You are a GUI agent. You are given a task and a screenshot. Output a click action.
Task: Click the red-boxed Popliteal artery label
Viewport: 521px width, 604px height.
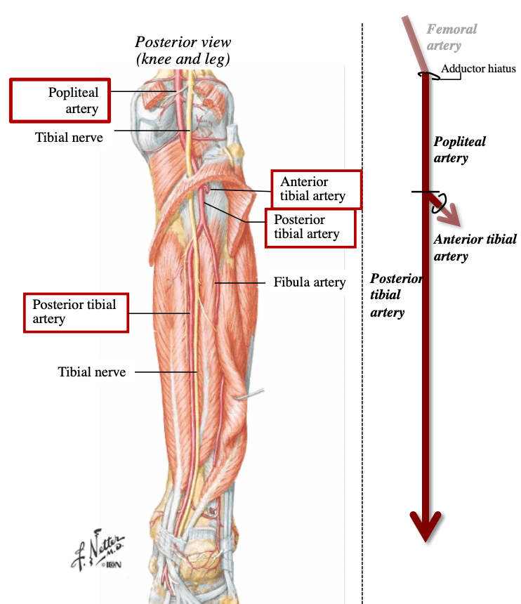pyautogui.click(x=73, y=100)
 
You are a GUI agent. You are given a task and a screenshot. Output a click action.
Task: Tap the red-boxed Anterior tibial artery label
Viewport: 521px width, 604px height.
pyautogui.click(x=312, y=189)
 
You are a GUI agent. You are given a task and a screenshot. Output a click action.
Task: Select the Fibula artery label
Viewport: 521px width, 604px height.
pyautogui.click(x=310, y=282)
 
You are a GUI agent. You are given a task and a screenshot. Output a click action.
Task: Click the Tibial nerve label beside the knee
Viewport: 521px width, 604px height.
pyautogui.click(x=69, y=138)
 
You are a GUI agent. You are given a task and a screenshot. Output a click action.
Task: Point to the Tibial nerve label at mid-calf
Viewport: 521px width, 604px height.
pyautogui.click(x=92, y=372)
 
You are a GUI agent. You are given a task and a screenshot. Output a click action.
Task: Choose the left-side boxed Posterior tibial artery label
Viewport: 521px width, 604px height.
pyautogui.click(x=74, y=312)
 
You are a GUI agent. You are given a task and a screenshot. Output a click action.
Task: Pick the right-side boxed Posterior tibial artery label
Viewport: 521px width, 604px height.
pyautogui.click(x=307, y=227)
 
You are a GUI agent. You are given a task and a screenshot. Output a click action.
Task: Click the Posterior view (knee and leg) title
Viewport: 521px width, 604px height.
pyautogui.click(x=183, y=51)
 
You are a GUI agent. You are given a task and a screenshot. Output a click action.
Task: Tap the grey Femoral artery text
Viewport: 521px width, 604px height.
pyautogui.click(x=451, y=37)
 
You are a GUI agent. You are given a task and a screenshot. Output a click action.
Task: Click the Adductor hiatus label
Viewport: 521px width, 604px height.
pyautogui.click(x=478, y=69)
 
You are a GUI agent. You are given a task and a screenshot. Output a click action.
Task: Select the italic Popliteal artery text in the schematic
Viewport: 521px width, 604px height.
pyautogui.click(x=459, y=150)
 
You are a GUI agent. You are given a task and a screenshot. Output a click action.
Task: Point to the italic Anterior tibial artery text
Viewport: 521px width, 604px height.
pyautogui.click(x=475, y=248)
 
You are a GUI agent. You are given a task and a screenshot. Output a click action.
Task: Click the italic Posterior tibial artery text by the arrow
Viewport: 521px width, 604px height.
pyautogui.click(x=396, y=296)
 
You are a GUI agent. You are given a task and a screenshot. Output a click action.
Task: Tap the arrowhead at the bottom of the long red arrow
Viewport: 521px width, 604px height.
pyautogui.click(x=425, y=526)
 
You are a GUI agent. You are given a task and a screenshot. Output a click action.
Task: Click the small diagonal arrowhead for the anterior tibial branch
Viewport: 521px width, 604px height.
pyautogui.click(x=451, y=216)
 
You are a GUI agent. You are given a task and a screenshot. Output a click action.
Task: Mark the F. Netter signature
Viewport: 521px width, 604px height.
pyautogui.click(x=98, y=550)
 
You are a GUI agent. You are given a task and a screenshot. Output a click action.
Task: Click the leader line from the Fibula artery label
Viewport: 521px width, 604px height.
pyautogui.click(x=240, y=283)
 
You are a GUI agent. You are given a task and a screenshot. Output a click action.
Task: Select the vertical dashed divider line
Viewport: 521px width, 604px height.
pyautogui.click(x=362, y=313)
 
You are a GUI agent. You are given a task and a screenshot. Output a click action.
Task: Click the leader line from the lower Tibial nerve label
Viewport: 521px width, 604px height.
pyautogui.click(x=166, y=372)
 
